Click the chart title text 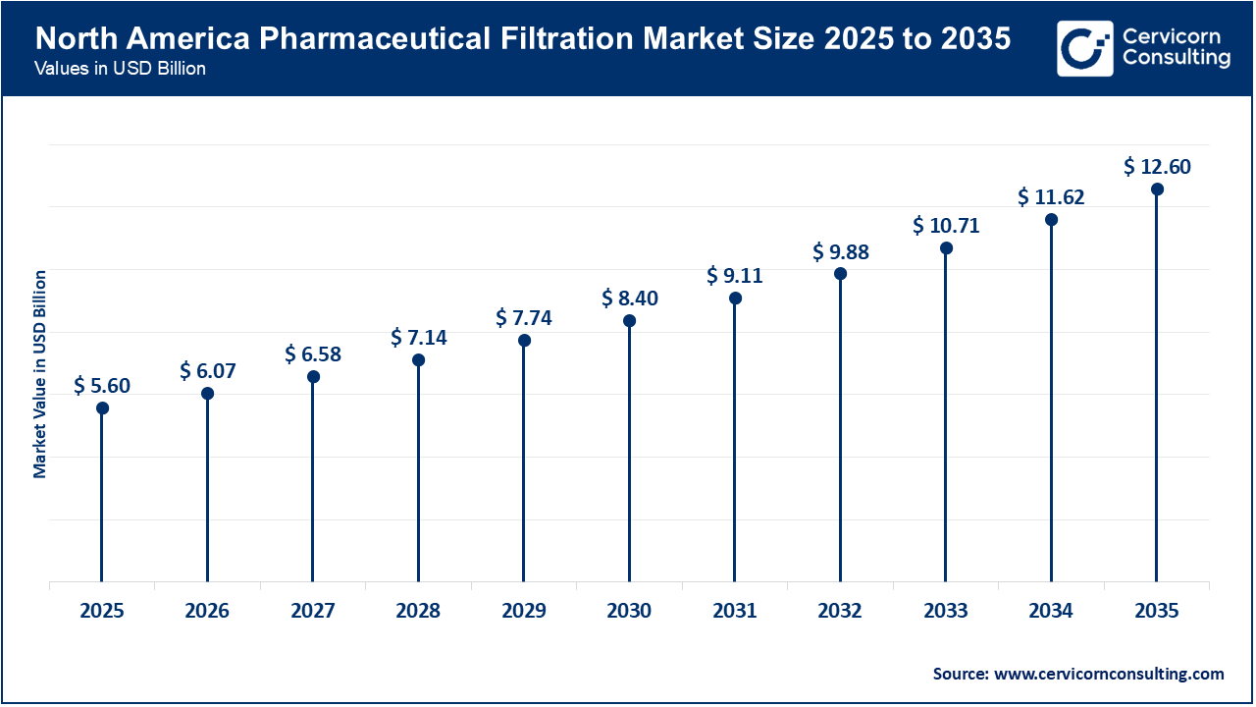523,39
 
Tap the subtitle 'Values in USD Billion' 120,70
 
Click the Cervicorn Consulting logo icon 1084,48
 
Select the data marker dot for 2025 102,408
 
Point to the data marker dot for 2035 1157,190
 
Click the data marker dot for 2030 629,321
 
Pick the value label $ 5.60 102,386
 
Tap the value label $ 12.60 1157,167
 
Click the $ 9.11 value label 735,276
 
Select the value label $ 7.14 418,338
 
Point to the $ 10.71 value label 946,226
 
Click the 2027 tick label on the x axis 313,611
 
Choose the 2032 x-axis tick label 840,611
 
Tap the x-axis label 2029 524,611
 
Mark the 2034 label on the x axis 1051,611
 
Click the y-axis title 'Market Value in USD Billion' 40,373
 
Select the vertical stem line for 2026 207,491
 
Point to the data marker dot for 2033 946,248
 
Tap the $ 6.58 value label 313,353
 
